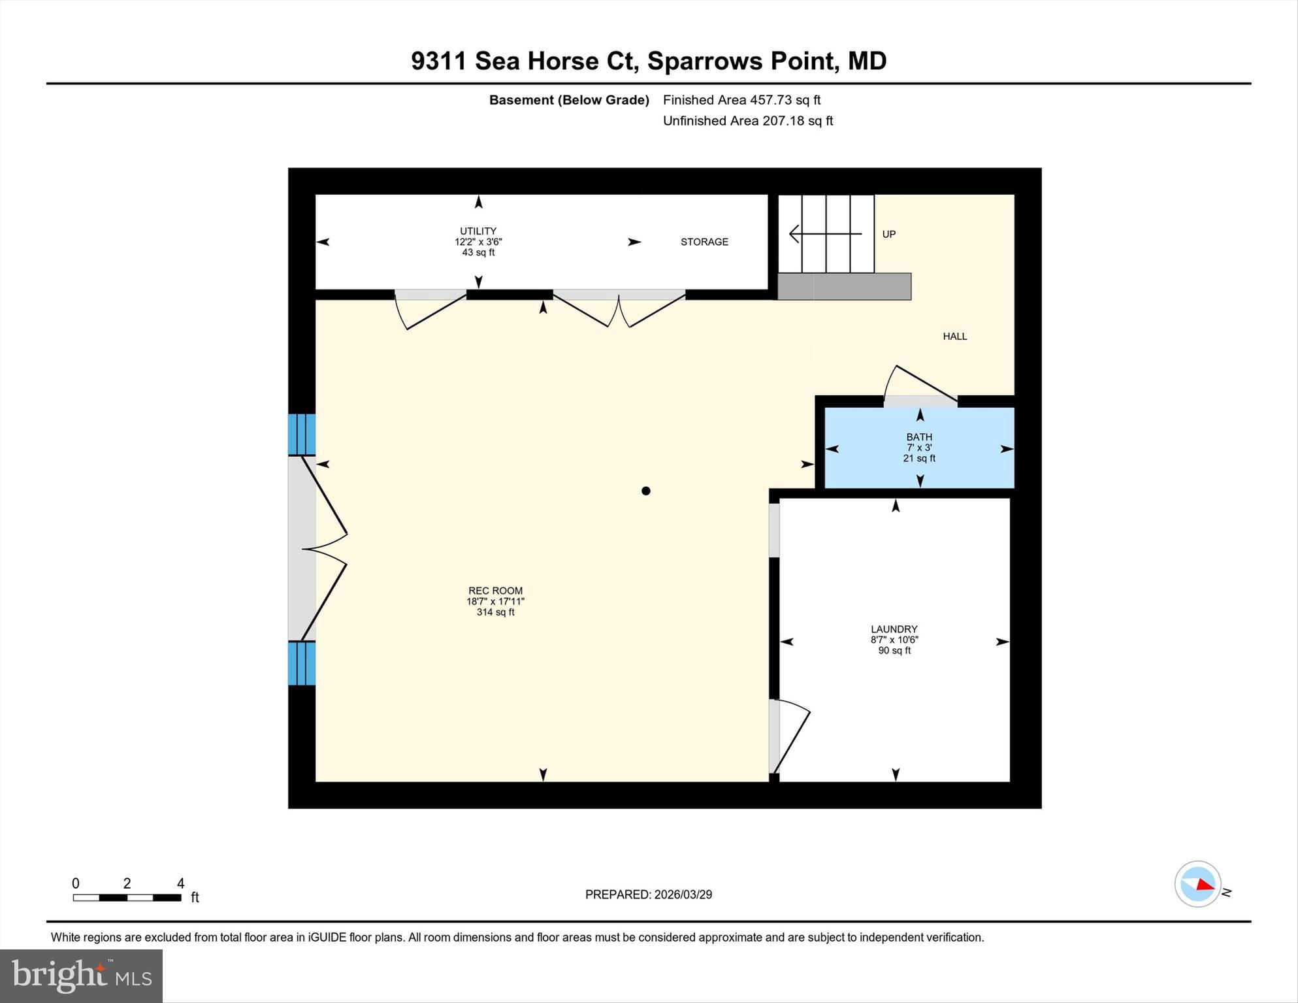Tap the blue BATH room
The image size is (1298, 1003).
(918, 448)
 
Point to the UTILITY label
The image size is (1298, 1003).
(478, 231)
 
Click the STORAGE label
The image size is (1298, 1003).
(704, 242)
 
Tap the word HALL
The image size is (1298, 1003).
(954, 337)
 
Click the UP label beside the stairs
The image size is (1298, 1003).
(888, 234)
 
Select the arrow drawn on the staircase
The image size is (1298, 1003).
(824, 233)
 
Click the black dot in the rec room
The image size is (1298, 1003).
(645, 491)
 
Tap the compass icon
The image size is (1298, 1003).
(1197, 884)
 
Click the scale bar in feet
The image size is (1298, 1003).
(127, 897)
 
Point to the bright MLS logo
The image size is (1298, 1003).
(81, 976)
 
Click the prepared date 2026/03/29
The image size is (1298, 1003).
(648, 895)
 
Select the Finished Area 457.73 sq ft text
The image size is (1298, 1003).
(741, 100)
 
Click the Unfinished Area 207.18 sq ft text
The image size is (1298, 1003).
(747, 121)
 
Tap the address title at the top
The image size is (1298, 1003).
(648, 61)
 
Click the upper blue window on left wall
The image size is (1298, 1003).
(302, 434)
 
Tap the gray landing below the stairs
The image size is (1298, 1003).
(844, 286)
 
